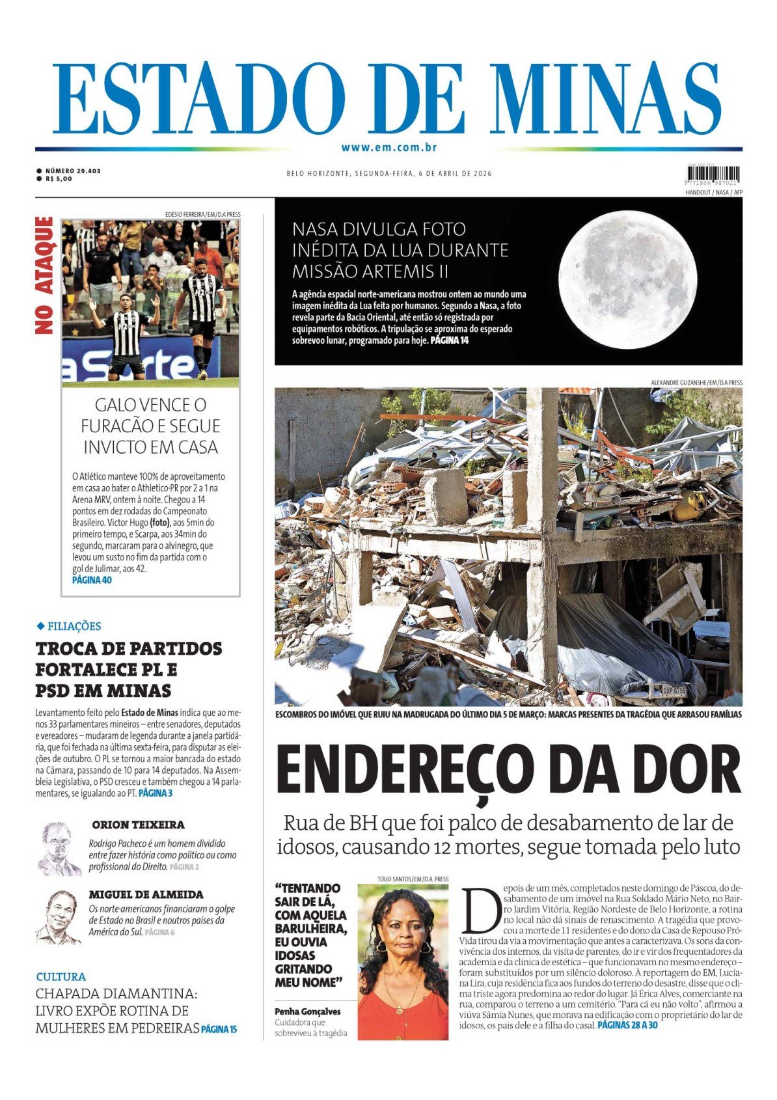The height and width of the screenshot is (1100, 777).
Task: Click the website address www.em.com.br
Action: [x=388, y=148]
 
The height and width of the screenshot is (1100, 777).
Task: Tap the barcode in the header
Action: [x=713, y=174]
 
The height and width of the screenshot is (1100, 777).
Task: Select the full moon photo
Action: [x=627, y=279]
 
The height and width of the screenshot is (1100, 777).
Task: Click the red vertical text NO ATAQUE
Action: [x=44, y=275]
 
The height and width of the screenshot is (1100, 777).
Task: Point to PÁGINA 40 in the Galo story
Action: [x=92, y=580]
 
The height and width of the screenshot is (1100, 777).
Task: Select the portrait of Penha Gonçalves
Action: [x=402, y=961]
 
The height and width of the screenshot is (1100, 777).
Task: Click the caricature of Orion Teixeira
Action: [x=58, y=849]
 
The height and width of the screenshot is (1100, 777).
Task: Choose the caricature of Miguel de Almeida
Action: [x=58, y=917]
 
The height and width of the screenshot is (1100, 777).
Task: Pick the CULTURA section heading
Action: [x=61, y=976]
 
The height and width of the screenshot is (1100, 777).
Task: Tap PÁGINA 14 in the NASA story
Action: [x=449, y=340]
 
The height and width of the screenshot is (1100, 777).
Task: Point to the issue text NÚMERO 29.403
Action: [x=73, y=171]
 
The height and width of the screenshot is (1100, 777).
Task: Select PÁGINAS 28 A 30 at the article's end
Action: [x=627, y=1025]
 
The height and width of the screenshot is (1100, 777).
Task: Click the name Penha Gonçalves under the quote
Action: [x=307, y=1011]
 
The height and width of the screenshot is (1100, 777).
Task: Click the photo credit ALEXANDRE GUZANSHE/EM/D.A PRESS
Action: [x=696, y=383]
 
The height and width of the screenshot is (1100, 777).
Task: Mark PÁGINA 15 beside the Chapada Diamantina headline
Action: [x=219, y=1029]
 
